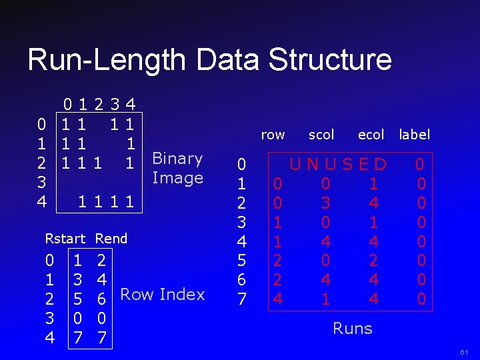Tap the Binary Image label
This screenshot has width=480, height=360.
[177, 168]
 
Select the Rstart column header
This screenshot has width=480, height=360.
[65, 238]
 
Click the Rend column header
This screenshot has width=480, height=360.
[111, 238]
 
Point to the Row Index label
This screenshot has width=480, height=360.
[163, 295]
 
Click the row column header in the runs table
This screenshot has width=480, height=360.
[273, 135]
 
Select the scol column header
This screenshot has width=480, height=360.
[321, 135]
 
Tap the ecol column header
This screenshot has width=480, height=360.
[371, 135]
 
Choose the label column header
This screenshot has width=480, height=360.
[415, 135]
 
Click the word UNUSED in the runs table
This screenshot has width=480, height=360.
[338, 163]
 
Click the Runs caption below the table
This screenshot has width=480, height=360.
[353, 328]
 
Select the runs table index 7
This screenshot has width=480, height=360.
[242, 299]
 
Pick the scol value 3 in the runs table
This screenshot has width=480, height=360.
[325, 202]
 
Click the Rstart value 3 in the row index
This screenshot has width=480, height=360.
[79, 276]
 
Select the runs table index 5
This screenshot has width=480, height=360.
[242, 261]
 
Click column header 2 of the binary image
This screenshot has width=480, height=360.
[99, 104]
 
